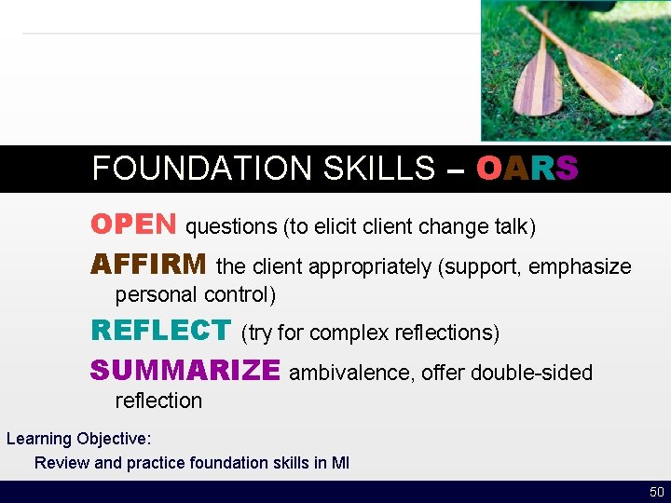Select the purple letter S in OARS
(567, 169)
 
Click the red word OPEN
(133, 224)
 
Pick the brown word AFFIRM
(149, 265)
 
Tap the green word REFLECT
(160, 331)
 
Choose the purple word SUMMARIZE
(185, 371)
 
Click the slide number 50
(656, 492)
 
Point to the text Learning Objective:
(78, 439)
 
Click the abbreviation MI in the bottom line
(340, 463)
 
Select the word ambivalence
(351, 374)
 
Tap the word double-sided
(531, 374)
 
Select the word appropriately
(370, 267)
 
